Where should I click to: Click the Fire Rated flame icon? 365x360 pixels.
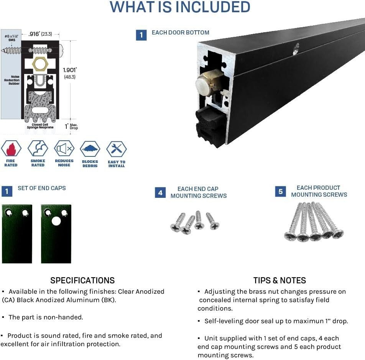pos(11,149)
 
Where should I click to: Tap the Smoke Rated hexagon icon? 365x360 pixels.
pos(38,149)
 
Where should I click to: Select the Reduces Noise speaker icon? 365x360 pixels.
pos(64,149)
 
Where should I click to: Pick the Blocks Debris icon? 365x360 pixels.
pos(90,149)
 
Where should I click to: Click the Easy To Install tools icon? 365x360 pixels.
pos(117,149)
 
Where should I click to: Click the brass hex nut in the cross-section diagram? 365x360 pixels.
pos(40,64)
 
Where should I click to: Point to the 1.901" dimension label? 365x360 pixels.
pos(70,70)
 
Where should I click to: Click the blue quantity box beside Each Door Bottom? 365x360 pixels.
pos(141,35)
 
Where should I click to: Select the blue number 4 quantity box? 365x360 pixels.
pos(160,192)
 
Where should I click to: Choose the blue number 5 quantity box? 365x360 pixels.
pos(280,191)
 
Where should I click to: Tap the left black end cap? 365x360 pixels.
pos(17,234)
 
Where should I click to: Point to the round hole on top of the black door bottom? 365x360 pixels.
pos(296,48)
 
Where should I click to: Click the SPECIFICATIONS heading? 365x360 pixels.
pos(82,280)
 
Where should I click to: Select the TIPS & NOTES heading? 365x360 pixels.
pos(280,280)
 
